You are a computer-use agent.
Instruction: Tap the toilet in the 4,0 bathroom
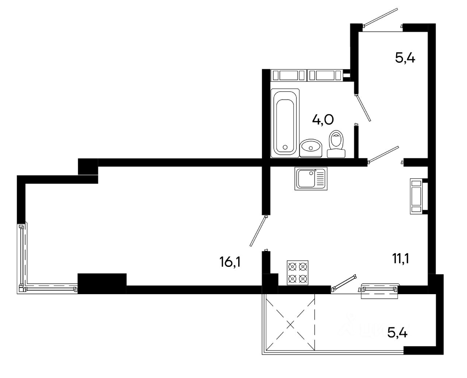pos(336,144)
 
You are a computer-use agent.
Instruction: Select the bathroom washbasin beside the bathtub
pos(311,147)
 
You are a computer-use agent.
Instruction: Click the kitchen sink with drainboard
pos(311,179)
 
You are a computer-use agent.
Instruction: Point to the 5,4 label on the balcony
pos(397,332)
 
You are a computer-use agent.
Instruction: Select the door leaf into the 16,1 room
pos(258,231)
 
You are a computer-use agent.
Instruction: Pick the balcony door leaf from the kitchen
pos(344,283)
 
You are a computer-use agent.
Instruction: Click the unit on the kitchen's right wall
pos(416,196)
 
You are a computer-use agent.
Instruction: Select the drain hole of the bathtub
pos(285,147)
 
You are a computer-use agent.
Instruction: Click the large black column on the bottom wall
pos(102,283)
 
